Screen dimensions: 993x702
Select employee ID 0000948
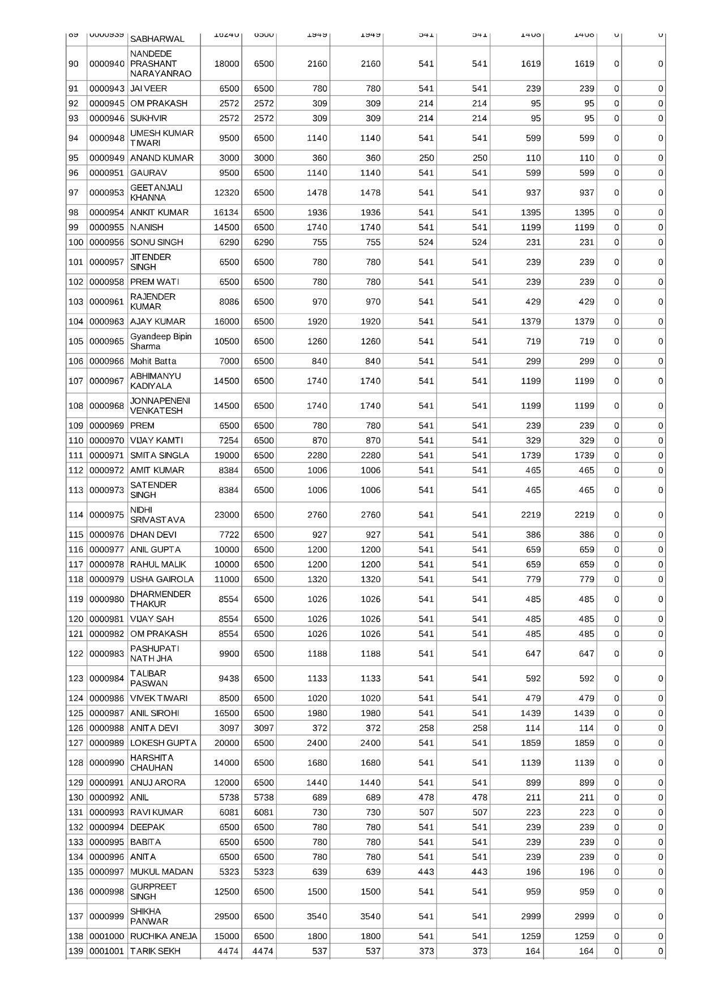[106, 138]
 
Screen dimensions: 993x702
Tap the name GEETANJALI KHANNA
[156, 192]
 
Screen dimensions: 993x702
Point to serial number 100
[75, 242]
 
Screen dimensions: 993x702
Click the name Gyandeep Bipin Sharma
[161, 341]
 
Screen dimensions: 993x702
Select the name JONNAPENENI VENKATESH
[160, 406]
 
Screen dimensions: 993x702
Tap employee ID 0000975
[106, 515]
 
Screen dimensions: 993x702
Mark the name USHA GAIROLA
[162, 579]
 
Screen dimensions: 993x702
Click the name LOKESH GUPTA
[163, 743]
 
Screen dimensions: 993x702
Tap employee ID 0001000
[106, 936]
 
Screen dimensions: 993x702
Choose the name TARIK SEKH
[155, 951]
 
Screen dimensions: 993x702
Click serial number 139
[75, 951]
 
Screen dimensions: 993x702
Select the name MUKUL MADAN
[161, 872]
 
